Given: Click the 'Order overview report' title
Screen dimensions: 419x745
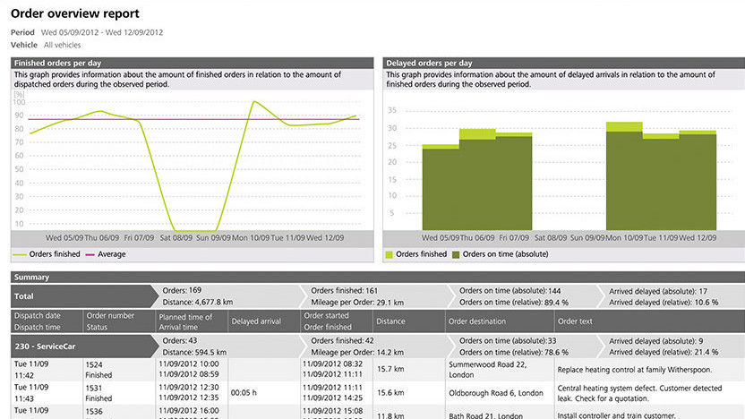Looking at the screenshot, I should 74,14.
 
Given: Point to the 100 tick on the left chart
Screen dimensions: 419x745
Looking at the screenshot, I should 19,102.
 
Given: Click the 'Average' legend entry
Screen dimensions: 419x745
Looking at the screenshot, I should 111,254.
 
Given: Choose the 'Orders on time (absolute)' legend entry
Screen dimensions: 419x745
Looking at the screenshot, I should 504,254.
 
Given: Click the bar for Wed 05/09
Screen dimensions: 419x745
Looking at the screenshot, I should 441,188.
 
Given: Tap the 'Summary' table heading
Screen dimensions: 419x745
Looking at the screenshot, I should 30,278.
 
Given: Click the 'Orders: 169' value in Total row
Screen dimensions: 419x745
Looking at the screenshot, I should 184,291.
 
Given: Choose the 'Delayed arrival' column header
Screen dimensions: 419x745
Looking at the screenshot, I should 256,321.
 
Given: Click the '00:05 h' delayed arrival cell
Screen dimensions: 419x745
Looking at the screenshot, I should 246,391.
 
